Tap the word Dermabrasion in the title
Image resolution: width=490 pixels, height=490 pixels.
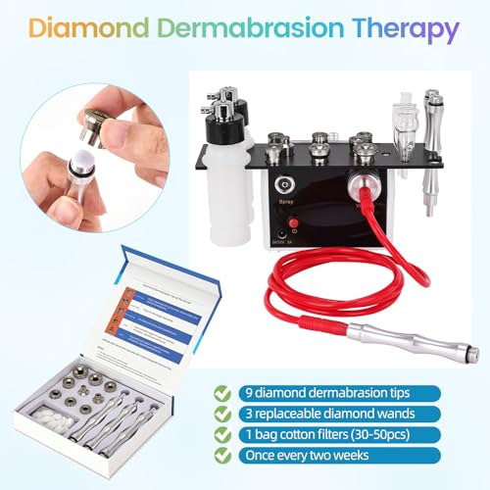[x=257, y=30]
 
